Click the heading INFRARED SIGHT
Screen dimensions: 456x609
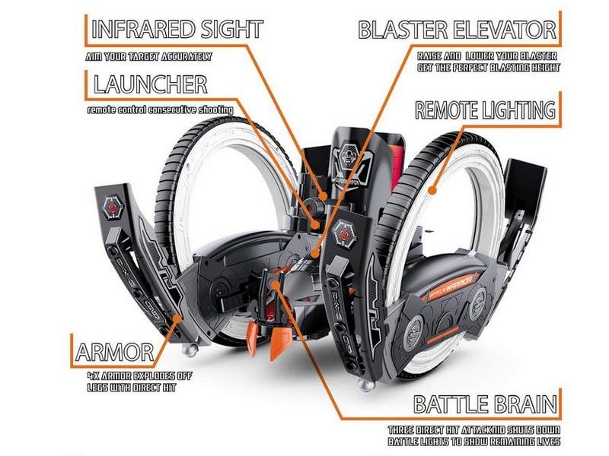point(177,30)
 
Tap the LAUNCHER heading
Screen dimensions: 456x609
point(150,83)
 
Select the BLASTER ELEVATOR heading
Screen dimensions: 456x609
point(458,30)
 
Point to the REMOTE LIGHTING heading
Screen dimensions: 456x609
point(485,109)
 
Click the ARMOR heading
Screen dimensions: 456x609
point(115,352)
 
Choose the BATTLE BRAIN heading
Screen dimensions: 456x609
point(485,404)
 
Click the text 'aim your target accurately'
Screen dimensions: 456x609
point(148,56)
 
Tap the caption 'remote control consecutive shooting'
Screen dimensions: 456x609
point(160,110)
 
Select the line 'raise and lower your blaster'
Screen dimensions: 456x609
point(487,56)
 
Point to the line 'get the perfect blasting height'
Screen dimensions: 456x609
point(488,68)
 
